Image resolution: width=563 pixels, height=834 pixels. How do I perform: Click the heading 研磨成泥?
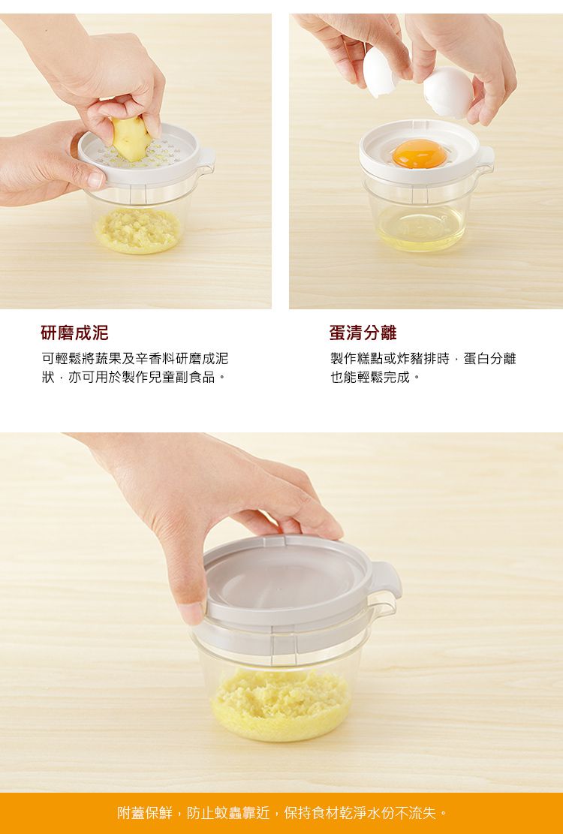pyautogui.click(x=74, y=333)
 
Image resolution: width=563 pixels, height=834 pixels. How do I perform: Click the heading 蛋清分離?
pyautogui.click(x=363, y=333)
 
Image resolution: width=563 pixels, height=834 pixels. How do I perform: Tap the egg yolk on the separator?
pyautogui.click(x=420, y=154)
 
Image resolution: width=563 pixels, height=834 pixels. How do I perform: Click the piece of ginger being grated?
pyautogui.click(x=129, y=139)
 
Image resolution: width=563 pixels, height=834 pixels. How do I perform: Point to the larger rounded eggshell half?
pyautogui.click(x=448, y=92)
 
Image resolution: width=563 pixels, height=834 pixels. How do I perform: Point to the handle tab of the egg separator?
pyautogui.click(x=485, y=157)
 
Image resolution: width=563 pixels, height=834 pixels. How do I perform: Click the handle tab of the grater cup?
pyautogui.click(x=206, y=158)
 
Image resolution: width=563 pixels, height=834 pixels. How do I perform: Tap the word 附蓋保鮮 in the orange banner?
pyautogui.click(x=146, y=813)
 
